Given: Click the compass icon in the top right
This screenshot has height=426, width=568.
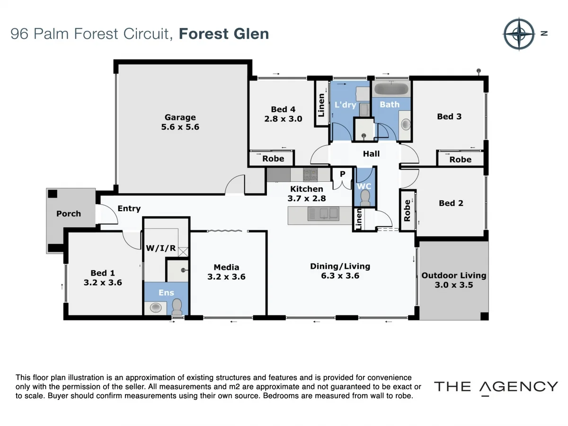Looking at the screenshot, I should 519,34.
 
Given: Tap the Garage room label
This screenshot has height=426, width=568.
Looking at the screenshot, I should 180,117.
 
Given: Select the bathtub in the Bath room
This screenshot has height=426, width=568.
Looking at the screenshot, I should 390,89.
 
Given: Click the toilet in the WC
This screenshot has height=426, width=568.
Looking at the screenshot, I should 365,200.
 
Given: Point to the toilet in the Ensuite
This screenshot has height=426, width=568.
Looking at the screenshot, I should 177,307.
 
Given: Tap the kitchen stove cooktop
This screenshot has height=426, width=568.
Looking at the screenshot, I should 311,175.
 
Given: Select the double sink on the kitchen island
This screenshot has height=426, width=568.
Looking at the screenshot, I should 324,213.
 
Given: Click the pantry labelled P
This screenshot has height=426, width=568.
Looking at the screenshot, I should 342,174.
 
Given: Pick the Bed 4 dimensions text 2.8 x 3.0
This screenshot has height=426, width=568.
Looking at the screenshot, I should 283,119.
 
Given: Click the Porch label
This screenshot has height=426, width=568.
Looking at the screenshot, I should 69,213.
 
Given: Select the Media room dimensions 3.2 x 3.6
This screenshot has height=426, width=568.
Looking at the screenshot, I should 226,276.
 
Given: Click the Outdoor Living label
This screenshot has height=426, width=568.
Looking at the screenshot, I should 453,275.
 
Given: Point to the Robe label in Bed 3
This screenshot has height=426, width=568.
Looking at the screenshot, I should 460,160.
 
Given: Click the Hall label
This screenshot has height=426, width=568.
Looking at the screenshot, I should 371,153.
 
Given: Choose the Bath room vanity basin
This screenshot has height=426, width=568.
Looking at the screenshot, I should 406,124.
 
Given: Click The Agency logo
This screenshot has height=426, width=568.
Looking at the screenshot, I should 496,387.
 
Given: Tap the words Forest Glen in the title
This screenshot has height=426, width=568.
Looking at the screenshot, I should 224,34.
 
